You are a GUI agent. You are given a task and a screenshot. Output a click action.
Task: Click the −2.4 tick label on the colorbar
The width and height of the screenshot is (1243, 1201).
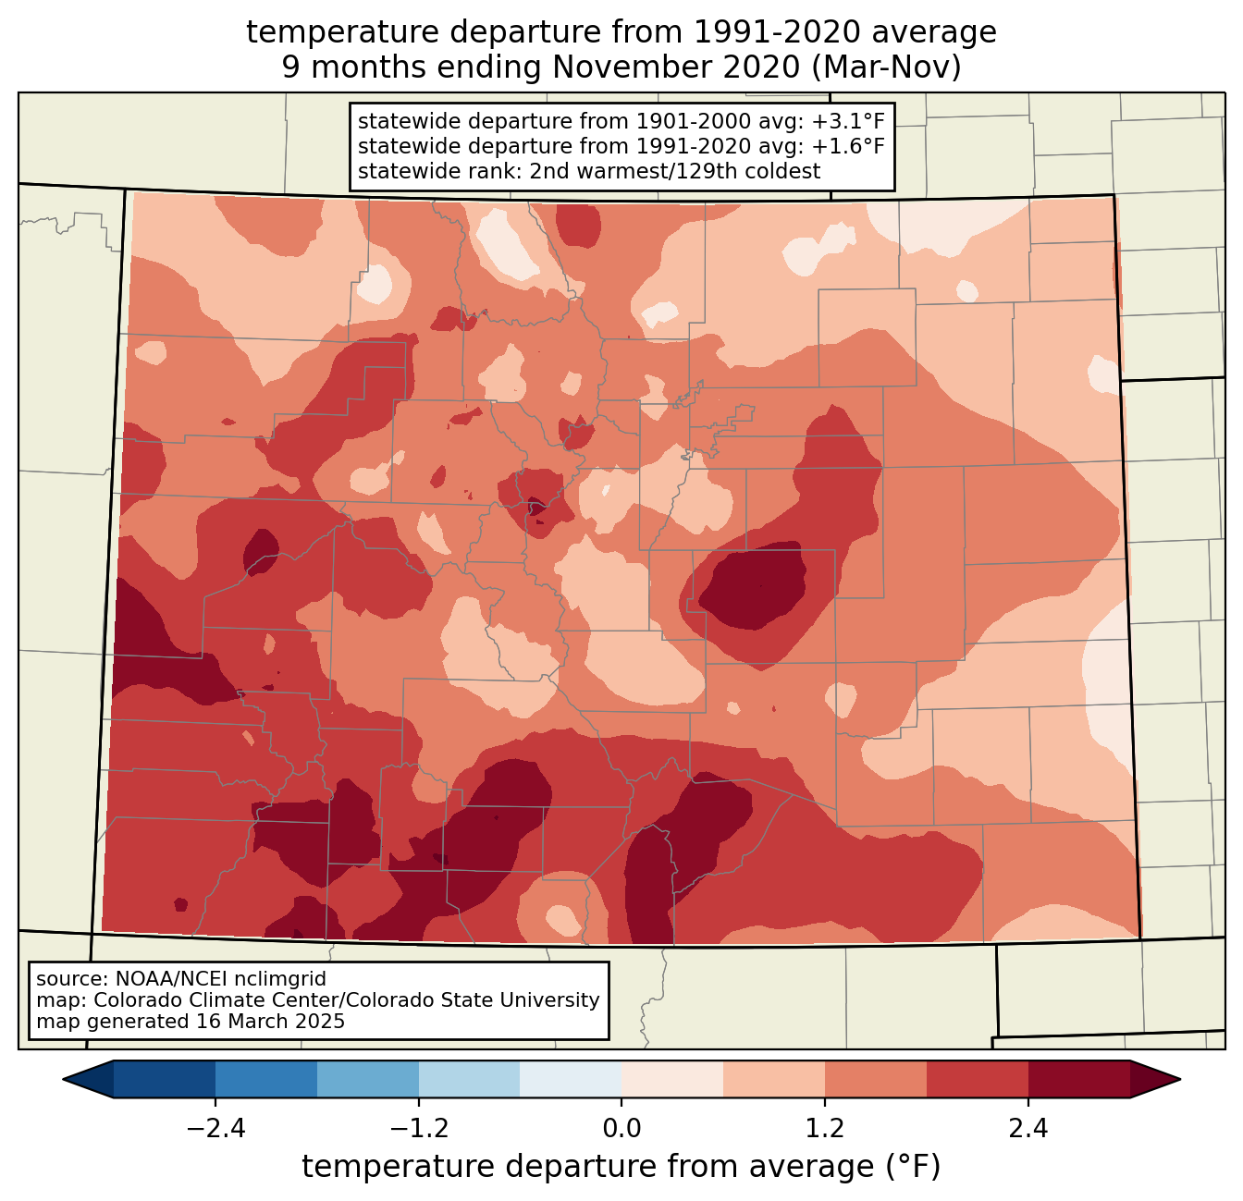pos(215,1129)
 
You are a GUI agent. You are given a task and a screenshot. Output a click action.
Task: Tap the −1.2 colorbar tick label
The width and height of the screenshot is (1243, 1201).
pos(418,1129)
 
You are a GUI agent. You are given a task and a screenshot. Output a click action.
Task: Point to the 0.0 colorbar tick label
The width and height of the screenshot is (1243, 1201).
pos(621,1129)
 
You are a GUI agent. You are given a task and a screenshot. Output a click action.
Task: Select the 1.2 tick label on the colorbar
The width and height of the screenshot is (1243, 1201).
pos(825,1129)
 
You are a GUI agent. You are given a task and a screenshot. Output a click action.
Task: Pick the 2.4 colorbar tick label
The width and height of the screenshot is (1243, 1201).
pos(1028,1129)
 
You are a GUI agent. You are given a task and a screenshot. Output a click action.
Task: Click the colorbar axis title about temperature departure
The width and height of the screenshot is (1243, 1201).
pos(621,1167)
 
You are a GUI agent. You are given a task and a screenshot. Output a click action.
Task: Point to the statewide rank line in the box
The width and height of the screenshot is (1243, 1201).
pos(588,171)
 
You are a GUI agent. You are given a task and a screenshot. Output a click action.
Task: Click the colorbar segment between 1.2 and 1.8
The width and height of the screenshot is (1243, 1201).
pos(876,1079)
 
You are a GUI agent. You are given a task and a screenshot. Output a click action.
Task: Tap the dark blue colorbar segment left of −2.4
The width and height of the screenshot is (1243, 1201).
pos(165,1079)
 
